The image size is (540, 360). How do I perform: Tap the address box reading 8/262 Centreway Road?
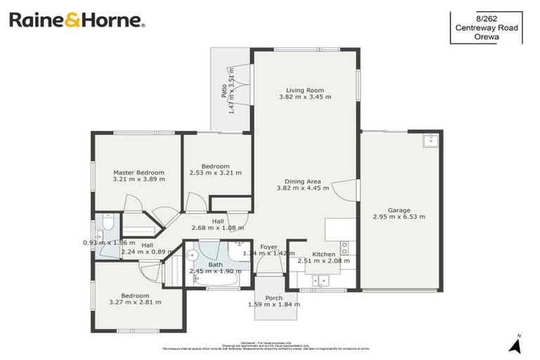point(486,27)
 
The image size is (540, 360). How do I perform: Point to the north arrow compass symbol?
point(515,344)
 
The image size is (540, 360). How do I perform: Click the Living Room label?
point(304,89)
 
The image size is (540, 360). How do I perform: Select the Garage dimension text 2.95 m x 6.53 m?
point(399,217)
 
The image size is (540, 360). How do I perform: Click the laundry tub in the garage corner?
point(430,141)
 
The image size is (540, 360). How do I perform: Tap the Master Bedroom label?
point(139,172)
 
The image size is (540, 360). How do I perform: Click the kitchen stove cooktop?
point(344,247)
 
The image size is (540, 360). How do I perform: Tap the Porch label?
point(274,298)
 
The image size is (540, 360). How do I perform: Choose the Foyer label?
point(269,247)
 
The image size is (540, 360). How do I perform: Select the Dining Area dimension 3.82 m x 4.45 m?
point(304,188)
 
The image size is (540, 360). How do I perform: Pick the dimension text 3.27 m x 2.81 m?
point(135,302)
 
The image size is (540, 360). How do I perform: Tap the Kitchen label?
point(323,254)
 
